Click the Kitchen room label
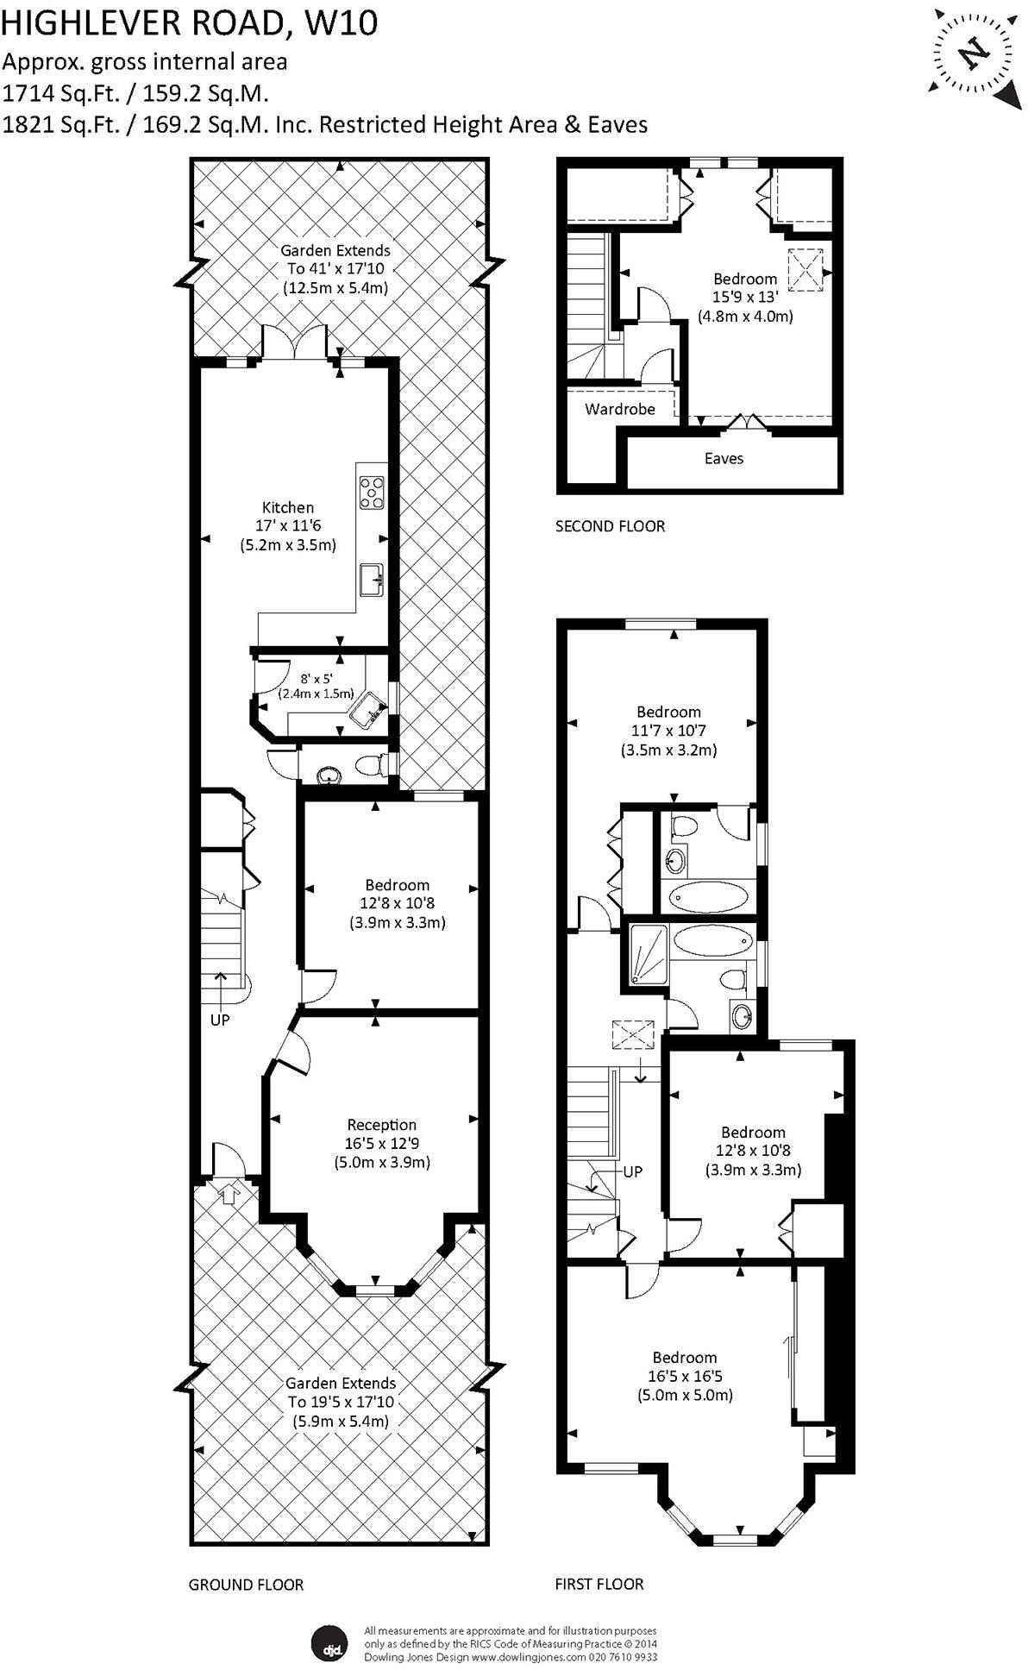point(288,507)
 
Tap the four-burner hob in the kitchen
point(373,493)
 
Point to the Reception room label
point(381,1125)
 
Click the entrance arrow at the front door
point(229,1195)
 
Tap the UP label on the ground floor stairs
point(220,1020)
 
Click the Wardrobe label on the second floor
point(619,409)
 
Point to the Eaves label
point(724,459)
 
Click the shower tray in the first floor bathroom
point(648,954)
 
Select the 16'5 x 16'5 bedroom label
point(685,1376)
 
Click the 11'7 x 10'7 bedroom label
point(668,731)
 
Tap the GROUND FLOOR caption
point(246,1585)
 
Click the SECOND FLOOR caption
point(610,526)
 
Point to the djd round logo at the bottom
point(329,1643)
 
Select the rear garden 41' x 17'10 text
point(335,269)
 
